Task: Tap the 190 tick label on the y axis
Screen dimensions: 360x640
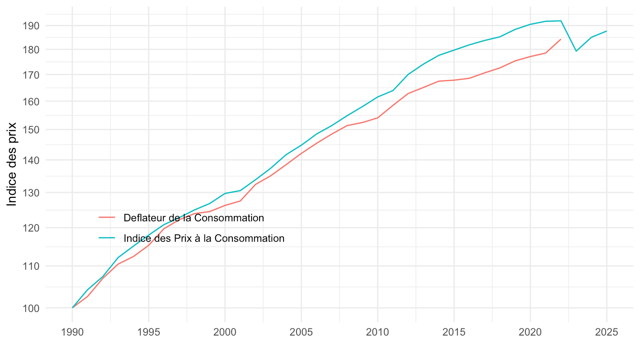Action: pos(31,25)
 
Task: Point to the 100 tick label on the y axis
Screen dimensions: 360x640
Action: pos(31,308)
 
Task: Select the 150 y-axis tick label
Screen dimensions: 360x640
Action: pos(31,130)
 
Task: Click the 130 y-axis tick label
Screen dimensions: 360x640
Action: pos(31,192)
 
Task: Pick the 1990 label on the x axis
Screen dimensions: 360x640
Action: pos(72,333)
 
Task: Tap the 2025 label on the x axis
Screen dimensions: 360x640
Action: pos(607,333)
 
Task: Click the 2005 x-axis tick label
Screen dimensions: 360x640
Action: pos(301,333)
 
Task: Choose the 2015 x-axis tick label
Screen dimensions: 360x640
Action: pos(454,333)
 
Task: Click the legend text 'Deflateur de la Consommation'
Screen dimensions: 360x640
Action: pos(194,218)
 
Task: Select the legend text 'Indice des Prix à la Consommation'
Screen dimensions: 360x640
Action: pos(204,238)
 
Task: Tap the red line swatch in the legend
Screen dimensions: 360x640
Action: pos(107,218)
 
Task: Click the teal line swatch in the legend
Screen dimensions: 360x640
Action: pos(107,238)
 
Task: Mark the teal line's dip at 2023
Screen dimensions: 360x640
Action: pos(576,51)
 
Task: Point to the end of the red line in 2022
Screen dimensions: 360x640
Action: pos(561,39)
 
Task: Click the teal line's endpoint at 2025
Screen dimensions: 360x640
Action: pos(607,31)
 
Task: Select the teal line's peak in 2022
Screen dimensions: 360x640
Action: pos(561,21)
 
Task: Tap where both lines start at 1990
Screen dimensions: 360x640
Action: pos(72,308)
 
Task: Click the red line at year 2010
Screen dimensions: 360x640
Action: pos(378,118)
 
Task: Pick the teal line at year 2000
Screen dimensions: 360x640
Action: pos(225,193)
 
